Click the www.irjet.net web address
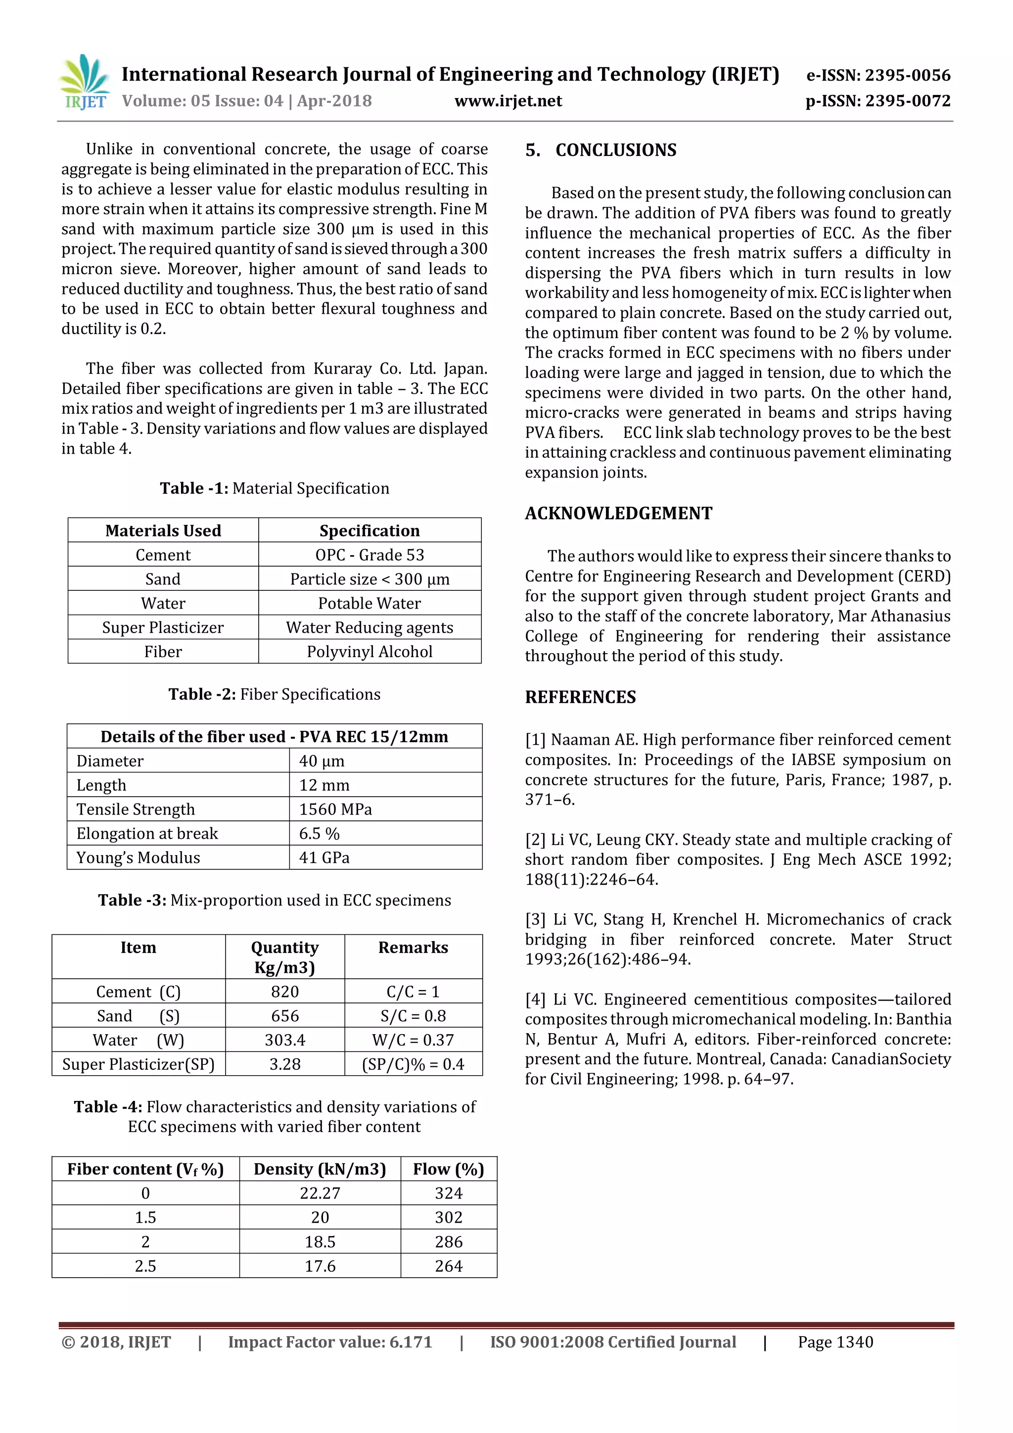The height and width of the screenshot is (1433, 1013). [508, 101]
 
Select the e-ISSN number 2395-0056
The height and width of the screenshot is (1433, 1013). [878, 76]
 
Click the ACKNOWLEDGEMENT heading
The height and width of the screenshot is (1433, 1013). [618, 514]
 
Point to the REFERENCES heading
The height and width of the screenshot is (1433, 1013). [580, 697]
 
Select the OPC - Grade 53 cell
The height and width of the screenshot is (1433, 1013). [369, 555]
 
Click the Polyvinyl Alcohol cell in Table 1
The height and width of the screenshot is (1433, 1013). [369, 652]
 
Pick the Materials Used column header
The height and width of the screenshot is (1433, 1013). [163, 530]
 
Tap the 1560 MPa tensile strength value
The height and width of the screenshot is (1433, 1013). [335, 810]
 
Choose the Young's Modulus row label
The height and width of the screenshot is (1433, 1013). [138, 858]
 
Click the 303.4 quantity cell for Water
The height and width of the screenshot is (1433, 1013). [284, 1041]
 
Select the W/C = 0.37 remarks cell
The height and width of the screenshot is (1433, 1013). [413, 1041]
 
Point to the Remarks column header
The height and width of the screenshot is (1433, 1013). [413, 948]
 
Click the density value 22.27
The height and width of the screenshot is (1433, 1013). [320, 1194]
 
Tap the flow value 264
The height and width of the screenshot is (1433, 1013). [449, 1266]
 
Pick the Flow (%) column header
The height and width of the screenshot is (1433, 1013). [449, 1169]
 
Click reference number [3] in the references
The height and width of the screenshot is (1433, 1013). [535, 920]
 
